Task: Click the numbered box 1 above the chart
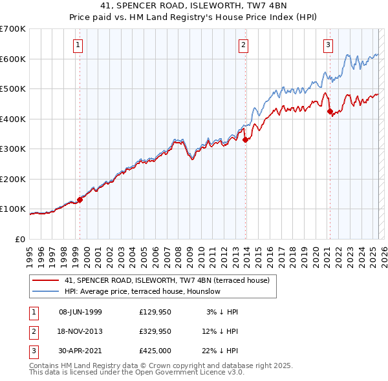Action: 78,45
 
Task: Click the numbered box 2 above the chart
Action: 243,45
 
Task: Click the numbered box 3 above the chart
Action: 328,45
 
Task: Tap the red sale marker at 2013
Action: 246,139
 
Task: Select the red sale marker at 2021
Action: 330,111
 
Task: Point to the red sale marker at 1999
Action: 80,200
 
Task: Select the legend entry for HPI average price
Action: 142,291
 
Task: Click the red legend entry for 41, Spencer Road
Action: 171,280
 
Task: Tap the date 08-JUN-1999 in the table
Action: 80,312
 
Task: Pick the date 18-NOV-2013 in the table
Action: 80,331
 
